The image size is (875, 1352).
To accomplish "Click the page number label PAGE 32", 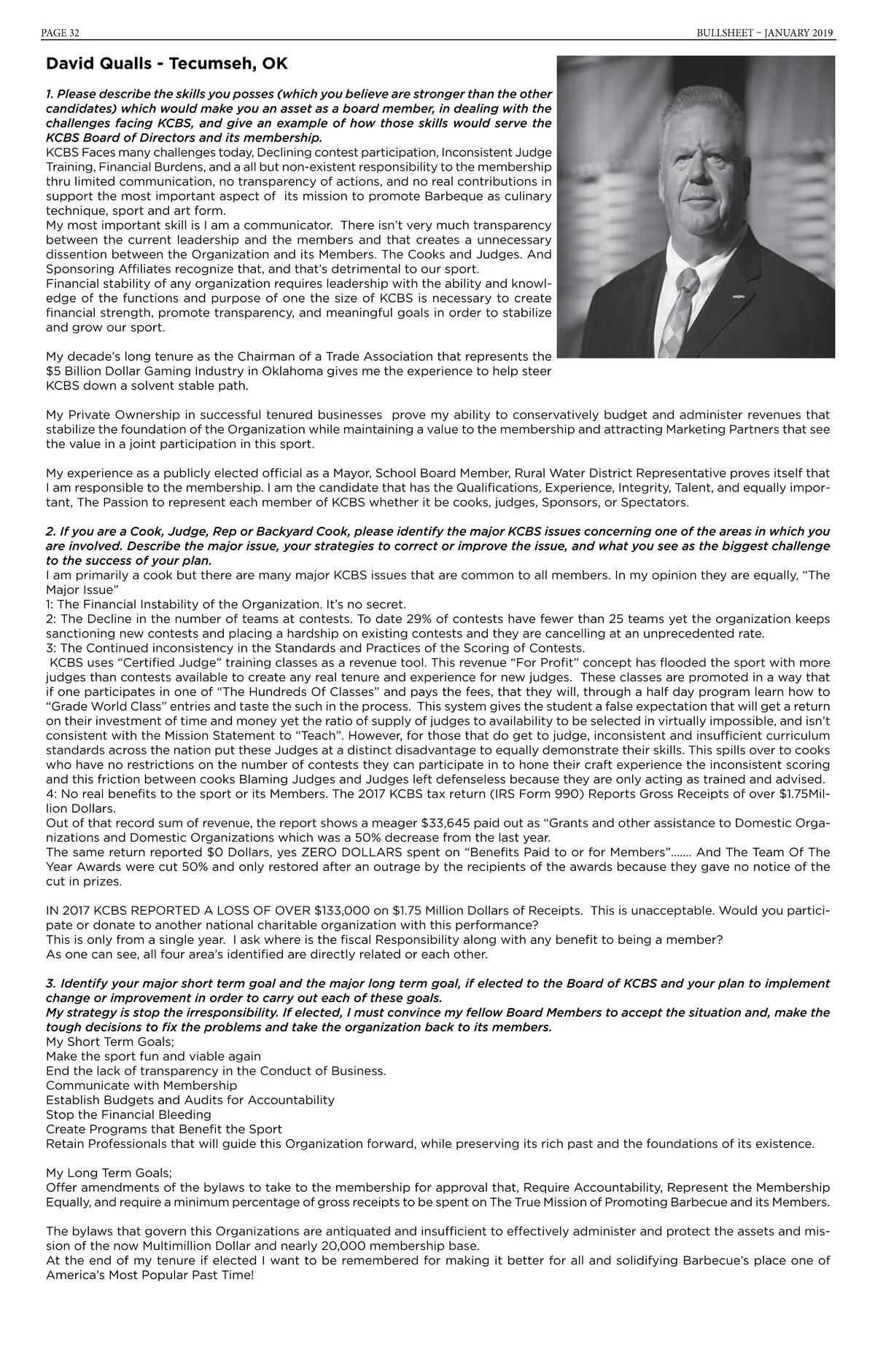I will click(62, 33).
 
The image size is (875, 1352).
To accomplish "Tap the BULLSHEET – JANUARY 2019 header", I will click(765, 33).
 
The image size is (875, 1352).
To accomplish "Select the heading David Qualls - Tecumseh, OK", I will click(166, 64).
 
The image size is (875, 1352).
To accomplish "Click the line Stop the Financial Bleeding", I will click(128, 1114).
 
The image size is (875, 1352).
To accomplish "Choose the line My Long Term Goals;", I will click(109, 1173).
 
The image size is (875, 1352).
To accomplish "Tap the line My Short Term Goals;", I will click(110, 1042).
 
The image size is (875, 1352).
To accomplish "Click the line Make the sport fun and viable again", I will click(153, 1056).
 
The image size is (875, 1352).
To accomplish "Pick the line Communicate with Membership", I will click(141, 1085).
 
